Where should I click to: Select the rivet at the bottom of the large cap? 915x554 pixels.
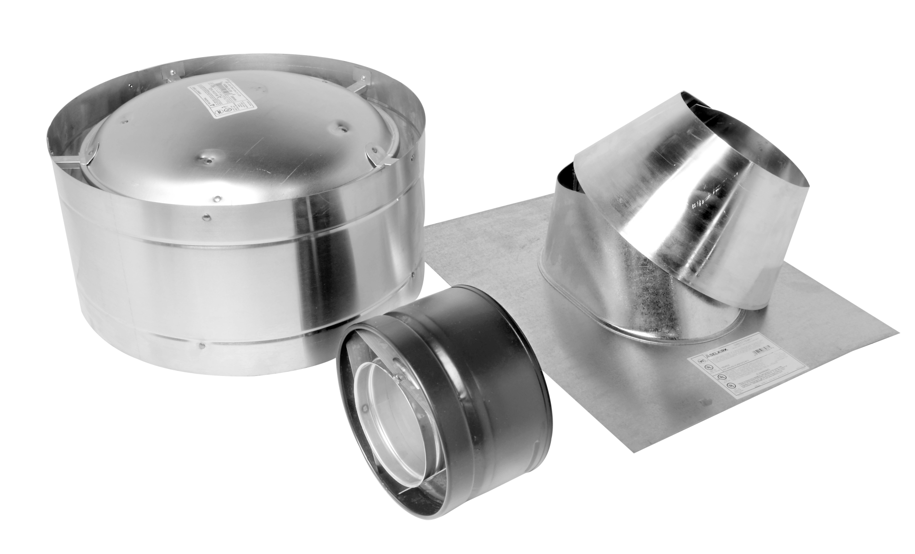pyautogui.click(x=203, y=343)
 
